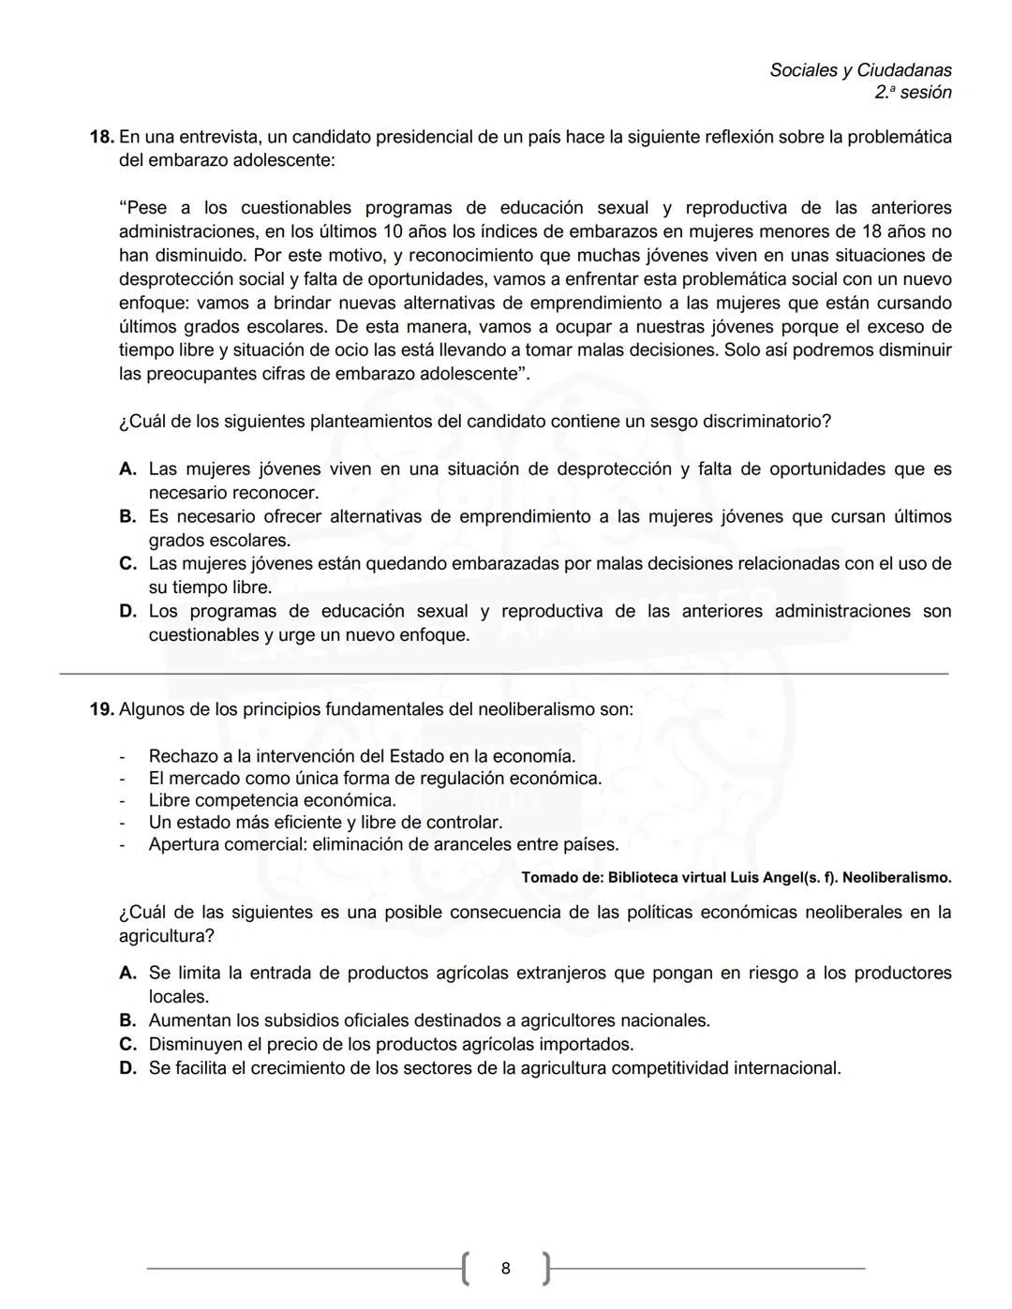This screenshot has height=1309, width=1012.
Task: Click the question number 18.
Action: click(x=101, y=138)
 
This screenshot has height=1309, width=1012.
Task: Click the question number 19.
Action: click(x=101, y=710)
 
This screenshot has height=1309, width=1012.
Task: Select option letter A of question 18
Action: click(x=128, y=469)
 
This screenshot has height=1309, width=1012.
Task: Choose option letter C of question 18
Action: click(x=128, y=564)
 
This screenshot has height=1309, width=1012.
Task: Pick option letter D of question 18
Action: click(x=128, y=612)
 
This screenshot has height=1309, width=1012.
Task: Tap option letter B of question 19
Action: click(x=128, y=1021)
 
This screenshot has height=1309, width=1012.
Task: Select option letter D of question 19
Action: click(x=128, y=1069)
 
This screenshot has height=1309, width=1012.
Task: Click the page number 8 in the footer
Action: click(x=506, y=1270)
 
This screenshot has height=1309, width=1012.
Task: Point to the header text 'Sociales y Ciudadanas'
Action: click(x=860, y=70)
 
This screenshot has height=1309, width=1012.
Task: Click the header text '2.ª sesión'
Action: click(x=913, y=93)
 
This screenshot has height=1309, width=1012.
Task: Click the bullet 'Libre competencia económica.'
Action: click(x=272, y=801)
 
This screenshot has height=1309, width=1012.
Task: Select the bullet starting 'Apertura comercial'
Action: click(x=383, y=845)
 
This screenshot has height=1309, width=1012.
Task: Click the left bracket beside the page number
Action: click(x=466, y=1269)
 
